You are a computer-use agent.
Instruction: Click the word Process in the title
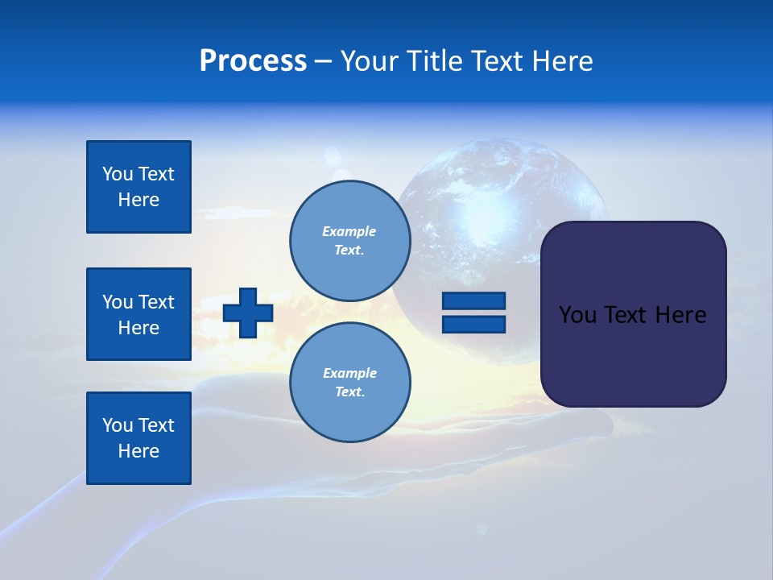253,61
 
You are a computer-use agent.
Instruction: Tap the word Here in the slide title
564,61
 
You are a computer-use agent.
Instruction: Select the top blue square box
138,187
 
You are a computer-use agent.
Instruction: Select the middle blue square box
138,314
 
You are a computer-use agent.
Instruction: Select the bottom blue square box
138,438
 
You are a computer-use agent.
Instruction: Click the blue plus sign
248,313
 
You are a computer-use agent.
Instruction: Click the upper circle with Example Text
349,241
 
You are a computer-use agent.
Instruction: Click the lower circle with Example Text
349,383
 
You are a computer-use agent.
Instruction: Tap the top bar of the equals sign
473,300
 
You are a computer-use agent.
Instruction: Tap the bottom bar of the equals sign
473,324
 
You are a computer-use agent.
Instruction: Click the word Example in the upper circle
349,231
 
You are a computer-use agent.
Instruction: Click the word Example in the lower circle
349,373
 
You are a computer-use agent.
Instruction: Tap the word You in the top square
118,174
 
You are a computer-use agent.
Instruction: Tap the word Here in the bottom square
138,451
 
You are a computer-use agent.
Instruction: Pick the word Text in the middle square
156,302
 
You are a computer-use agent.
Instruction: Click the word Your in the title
369,61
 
